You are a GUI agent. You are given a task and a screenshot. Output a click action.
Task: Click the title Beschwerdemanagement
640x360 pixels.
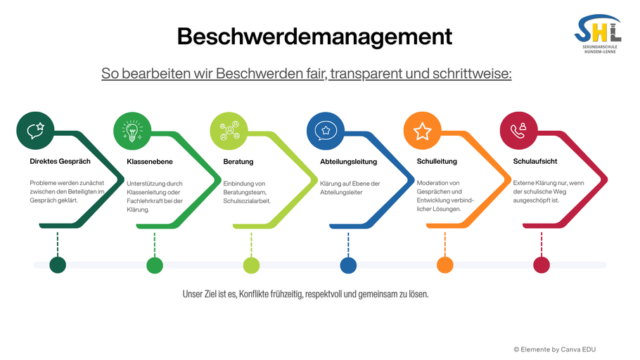314,37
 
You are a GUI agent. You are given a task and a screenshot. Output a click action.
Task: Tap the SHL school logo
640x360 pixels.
598,34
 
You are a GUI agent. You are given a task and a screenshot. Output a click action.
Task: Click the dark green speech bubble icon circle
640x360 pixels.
35,131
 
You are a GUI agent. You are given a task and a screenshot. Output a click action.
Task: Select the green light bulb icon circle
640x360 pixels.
132,131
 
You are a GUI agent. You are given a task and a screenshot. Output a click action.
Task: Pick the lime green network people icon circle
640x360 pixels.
229,131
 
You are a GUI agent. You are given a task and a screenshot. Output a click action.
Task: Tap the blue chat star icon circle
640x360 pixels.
326,131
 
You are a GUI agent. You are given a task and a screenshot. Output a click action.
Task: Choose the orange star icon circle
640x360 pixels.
423,131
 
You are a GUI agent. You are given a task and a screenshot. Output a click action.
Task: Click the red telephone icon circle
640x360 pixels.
519,131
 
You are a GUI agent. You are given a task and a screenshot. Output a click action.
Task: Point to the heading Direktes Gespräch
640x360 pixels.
60,162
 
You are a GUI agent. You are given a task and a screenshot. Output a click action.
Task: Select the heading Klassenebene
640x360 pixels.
150,162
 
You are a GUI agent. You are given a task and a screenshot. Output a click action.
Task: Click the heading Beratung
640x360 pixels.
238,162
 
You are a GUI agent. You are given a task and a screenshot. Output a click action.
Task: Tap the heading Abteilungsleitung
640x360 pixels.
349,162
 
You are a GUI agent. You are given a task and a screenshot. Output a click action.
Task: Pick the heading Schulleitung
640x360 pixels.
437,162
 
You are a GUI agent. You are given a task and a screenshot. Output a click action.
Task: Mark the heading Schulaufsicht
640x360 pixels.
535,162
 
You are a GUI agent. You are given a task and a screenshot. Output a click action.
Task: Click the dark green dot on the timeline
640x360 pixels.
58,265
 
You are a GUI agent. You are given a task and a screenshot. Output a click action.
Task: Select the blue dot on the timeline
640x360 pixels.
348,265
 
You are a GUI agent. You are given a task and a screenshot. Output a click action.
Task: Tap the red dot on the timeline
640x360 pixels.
542,265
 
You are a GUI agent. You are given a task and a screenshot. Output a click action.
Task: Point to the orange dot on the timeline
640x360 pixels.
445,265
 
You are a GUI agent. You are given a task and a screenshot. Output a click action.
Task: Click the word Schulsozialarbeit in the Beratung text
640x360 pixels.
247,201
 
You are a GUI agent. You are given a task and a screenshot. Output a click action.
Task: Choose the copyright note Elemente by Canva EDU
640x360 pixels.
555,349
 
